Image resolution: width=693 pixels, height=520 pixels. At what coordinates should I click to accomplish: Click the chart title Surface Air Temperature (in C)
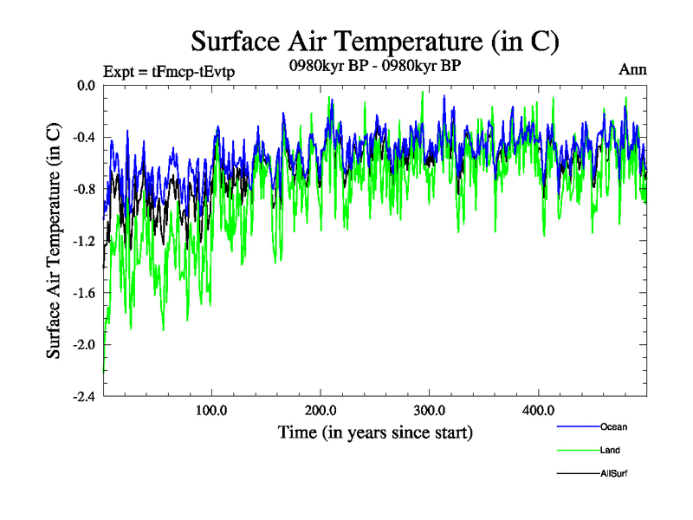(x=375, y=42)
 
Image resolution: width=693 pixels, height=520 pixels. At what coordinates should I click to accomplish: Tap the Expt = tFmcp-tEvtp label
(x=168, y=71)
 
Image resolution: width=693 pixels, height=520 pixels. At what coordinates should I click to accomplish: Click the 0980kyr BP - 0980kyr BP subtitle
(x=374, y=67)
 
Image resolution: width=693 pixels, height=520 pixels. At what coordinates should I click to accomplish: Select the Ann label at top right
(x=633, y=69)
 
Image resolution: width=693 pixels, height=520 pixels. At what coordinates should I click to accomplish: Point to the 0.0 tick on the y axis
(x=85, y=86)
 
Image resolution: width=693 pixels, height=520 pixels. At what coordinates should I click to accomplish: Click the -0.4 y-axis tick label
(x=83, y=138)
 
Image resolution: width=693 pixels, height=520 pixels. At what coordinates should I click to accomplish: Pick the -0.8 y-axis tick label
(x=83, y=189)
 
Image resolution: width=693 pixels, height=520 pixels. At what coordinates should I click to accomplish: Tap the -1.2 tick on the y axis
(x=83, y=241)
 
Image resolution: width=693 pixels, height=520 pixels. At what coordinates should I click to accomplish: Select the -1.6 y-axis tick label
(x=83, y=293)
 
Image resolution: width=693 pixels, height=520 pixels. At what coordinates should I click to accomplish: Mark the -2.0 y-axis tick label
(x=83, y=344)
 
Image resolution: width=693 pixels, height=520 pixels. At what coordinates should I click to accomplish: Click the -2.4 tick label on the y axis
(x=83, y=396)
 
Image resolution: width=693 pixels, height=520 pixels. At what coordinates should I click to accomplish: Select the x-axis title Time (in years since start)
(x=375, y=432)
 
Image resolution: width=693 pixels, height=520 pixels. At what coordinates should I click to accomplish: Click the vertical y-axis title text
(x=54, y=241)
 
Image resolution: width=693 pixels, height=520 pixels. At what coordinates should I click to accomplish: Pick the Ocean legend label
(x=613, y=426)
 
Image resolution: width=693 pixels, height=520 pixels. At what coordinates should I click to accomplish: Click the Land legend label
(x=610, y=450)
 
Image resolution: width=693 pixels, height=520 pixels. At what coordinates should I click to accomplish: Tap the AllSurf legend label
(x=613, y=473)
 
